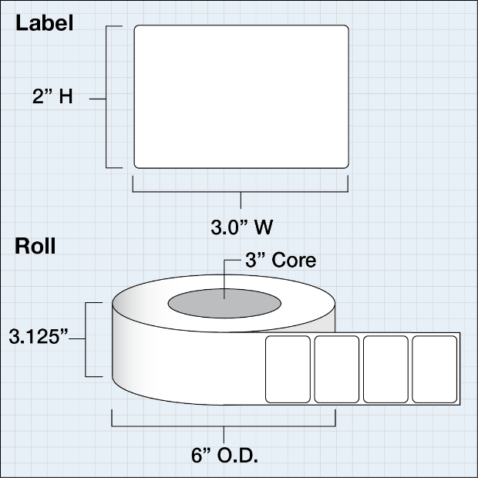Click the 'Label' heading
coord(45,23)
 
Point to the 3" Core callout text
coord(281,261)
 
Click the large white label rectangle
coord(241,96)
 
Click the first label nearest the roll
coord(288,369)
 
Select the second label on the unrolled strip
coord(336,369)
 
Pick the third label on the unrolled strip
coord(385,369)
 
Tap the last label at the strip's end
coord(434,369)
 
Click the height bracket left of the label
coord(108,96)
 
